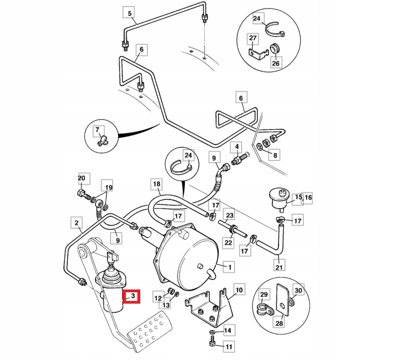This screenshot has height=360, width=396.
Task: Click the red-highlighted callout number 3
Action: [x=131, y=296]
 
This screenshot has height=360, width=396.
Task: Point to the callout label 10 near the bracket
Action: [x=239, y=289]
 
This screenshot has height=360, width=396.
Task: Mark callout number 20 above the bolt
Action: [x=82, y=178]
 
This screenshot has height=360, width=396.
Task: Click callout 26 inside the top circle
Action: [x=275, y=63]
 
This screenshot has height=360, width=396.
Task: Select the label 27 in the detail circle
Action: [x=252, y=38]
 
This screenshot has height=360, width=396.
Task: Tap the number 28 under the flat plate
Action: [x=280, y=324]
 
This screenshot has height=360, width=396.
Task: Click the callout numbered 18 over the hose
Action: [x=156, y=184]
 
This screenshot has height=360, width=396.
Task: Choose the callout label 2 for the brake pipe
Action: [x=76, y=222]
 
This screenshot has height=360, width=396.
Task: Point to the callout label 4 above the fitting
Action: [x=236, y=147]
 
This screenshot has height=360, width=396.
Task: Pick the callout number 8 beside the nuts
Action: [x=275, y=155]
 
